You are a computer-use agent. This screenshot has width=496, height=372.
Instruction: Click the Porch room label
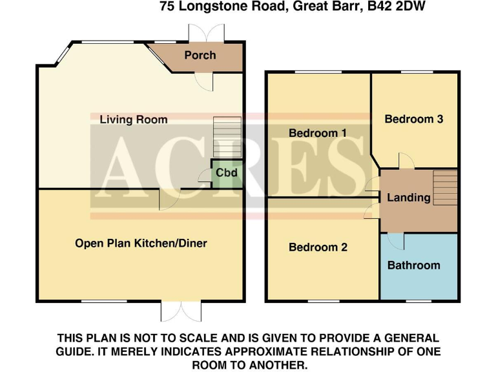200,56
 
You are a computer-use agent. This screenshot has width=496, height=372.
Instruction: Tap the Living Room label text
133,119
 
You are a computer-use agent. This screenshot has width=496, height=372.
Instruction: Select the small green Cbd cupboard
227,173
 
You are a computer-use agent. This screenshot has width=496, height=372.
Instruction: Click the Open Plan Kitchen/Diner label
141,243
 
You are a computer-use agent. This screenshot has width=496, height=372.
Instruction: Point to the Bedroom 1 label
318,133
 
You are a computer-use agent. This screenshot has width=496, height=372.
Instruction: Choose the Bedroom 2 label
318,247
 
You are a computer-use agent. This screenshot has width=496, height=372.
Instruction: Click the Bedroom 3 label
413,119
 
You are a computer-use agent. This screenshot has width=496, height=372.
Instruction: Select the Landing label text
408,198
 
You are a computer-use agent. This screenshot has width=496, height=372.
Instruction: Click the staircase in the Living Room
227,137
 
